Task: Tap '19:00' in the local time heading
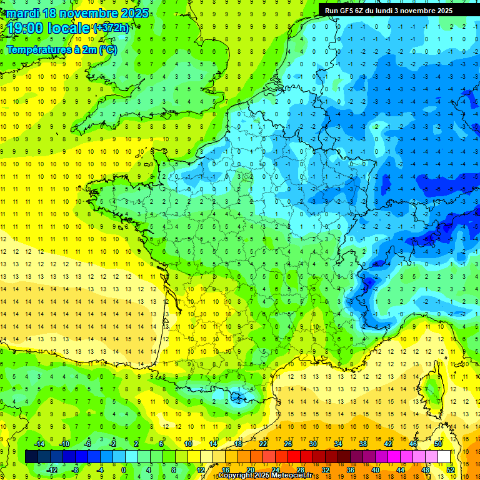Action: coord(25,28)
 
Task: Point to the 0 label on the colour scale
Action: coord(124,469)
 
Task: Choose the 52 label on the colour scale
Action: coord(451,469)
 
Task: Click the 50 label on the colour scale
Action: coord(439,444)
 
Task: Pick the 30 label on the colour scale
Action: coord(312,444)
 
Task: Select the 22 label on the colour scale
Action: coord(263,444)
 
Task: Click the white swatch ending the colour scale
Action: coord(444,456)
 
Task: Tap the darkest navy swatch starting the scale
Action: coord(31,456)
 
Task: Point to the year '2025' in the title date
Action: coord(134,13)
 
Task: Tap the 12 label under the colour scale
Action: coord(201,469)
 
